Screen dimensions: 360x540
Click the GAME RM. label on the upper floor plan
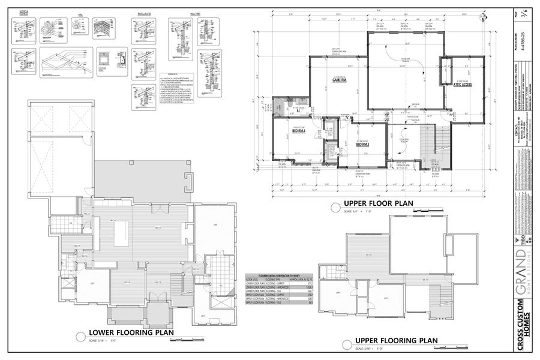click(341, 79)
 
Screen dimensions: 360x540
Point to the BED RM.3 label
click(362, 145)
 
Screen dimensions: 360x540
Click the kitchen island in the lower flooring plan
click(123, 230)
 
